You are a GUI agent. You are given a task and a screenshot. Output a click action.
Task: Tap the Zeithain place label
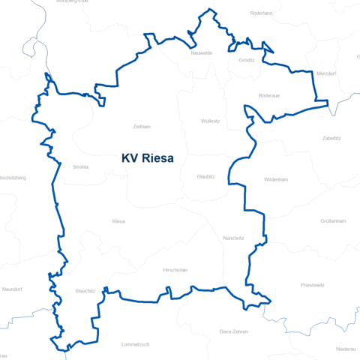click(x=141, y=127)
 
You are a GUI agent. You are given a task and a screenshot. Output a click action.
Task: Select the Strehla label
click(x=80, y=166)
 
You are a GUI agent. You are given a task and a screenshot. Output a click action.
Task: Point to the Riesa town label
click(x=118, y=221)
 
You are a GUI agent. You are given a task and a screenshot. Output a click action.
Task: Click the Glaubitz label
click(x=205, y=176)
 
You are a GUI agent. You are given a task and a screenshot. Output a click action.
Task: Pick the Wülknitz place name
click(x=211, y=121)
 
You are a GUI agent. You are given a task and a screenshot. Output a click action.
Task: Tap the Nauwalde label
click(x=202, y=53)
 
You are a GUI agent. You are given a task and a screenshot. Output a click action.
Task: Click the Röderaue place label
click(x=268, y=95)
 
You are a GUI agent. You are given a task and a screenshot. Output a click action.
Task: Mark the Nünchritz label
click(x=234, y=238)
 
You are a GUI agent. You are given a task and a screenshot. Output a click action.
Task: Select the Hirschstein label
click(x=175, y=269)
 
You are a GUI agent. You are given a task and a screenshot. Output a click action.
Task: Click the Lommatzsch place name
click(x=136, y=344)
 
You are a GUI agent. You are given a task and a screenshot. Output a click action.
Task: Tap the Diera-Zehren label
click(x=233, y=331)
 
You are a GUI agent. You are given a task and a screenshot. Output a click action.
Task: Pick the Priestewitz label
click(x=312, y=285)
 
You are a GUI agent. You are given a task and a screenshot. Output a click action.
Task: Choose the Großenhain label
click(x=333, y=221)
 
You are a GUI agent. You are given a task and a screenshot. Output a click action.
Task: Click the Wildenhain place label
click(x=276, y=180)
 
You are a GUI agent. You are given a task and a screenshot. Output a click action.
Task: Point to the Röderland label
click(x=261, y=13)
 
